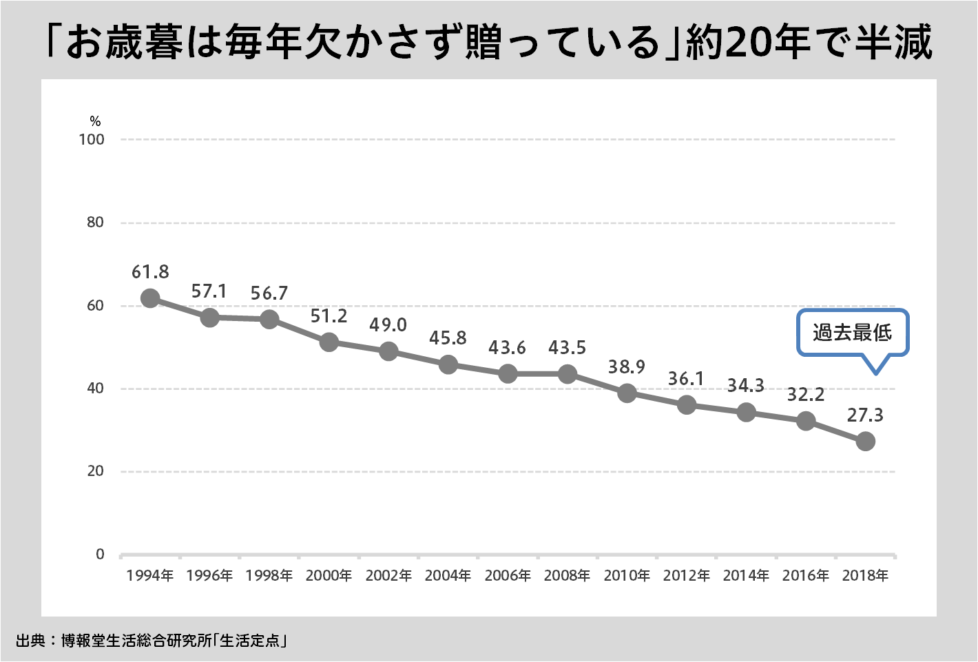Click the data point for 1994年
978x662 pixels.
[150, 298]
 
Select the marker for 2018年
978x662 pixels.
[866, 442]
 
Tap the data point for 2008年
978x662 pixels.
[568, 374]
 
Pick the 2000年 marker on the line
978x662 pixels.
[329, 342]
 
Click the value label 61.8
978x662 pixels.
[150, 272]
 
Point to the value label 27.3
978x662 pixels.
[865, 415]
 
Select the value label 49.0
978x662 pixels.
[388, 325]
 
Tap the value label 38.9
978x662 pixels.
[627, 367]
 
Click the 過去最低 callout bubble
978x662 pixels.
[853, 333]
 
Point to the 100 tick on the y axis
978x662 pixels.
[92, 139]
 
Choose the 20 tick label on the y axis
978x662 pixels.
[96, 471]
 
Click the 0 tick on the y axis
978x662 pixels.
[101, 555]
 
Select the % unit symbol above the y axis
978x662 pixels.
[96, 121]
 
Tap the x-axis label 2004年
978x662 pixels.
[448, 575]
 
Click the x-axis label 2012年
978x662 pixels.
[687, 575]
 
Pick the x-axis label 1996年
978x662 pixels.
[210, 575]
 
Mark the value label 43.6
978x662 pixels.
[508, 349]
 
